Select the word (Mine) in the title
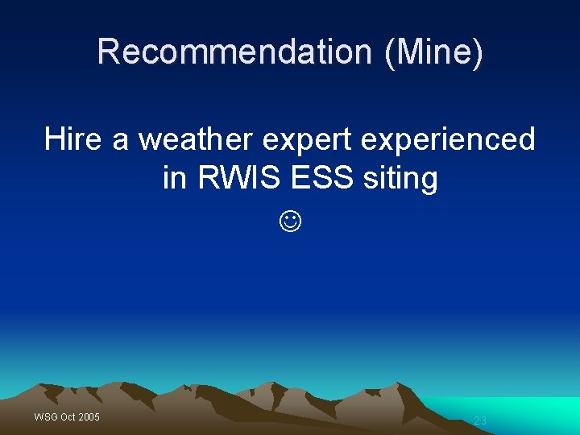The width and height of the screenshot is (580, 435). click(x=435, y=52)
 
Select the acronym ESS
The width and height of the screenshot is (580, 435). click(x=321, y=178)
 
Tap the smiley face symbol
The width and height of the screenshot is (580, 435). click(x=291, y=220)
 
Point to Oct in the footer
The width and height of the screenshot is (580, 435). click(x=68, y=416)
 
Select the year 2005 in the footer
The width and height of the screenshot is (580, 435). click(x=89, y=416)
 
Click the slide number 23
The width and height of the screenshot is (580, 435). click(x=480, y=420)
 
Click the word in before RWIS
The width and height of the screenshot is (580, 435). click(x=175, y=178)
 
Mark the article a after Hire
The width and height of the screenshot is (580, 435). click(x=121, y=141)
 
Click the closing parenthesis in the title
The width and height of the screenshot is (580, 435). click(x=478, y=52)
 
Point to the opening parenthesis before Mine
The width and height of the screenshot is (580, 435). click(x=390, y=52)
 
